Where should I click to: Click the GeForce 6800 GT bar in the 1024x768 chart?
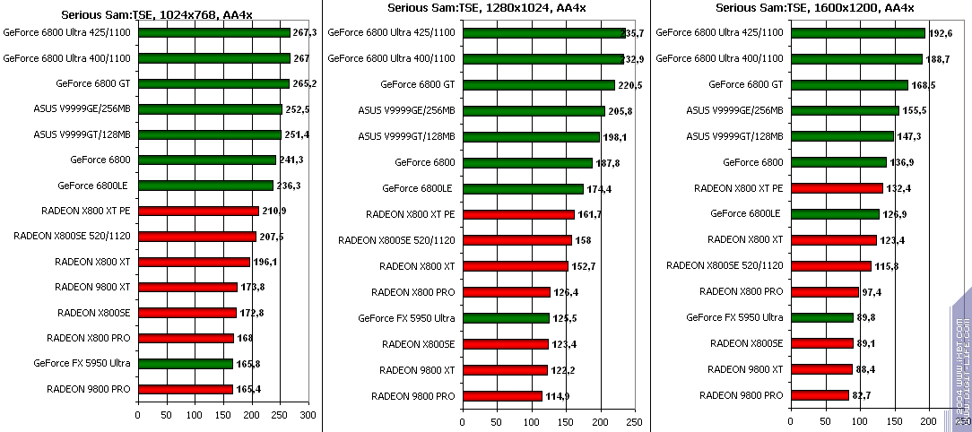213,84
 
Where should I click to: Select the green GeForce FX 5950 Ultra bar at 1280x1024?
505,317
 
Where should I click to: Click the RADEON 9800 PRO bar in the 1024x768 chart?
185,389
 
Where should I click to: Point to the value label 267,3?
305,32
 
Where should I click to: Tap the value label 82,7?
863,395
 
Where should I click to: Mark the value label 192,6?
940,33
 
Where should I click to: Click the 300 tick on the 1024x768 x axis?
308,416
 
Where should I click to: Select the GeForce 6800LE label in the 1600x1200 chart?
745,214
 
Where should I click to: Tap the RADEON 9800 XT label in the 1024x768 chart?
92,287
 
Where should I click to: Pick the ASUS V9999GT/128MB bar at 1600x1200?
842,136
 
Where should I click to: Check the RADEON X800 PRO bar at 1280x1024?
506,292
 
